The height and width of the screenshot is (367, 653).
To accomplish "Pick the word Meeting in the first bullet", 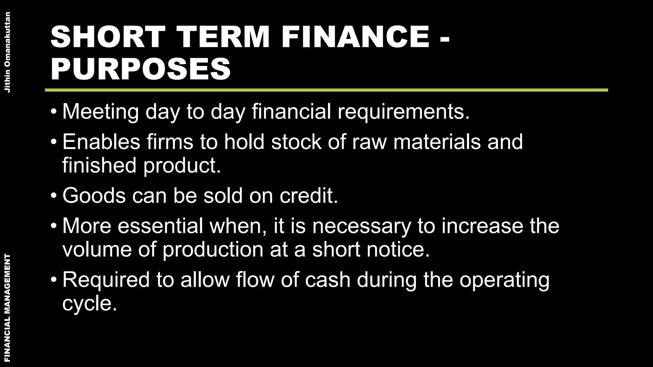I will coord(101,112).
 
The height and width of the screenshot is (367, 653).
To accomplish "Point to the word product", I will coord(182,166).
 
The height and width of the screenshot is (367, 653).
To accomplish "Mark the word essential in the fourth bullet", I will coord(160,226).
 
